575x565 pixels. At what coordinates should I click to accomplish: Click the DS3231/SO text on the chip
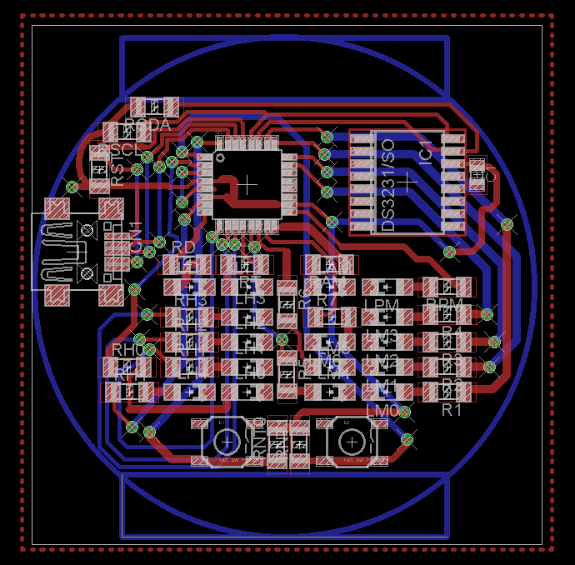coord(387,186)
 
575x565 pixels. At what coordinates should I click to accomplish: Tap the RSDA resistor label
coord(147,125)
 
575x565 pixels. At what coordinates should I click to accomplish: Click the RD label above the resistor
coord(183,247)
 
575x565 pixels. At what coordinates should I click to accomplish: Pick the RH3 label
coord(190,300)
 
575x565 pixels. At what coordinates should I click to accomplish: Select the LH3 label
coord(250,299)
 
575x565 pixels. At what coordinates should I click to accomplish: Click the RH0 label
coord(127,349)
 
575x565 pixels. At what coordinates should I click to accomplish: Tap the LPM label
coord(382,306)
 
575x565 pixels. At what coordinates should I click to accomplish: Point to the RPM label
coord(442,305)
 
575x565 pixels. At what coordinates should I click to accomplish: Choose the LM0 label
coord(383,411)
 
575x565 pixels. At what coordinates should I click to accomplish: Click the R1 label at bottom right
coord(451,409)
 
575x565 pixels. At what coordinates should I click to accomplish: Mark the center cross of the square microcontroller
coord(247,182)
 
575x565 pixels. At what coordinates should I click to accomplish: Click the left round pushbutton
coord(227,441)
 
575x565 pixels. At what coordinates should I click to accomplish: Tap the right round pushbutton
coord(352,441)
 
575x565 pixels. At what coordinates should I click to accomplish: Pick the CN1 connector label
coord(135,234)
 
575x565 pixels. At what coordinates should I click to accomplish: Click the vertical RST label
coord(117,172)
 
